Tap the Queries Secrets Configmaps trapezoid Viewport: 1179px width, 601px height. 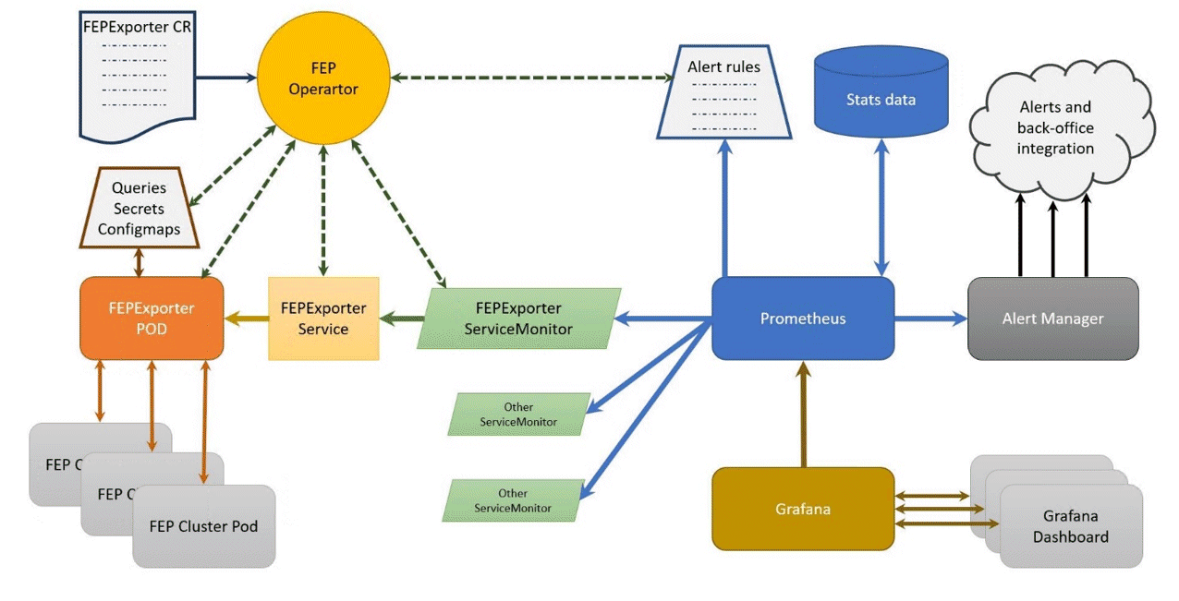[140, 208]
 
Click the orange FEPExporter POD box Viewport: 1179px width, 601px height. [152, 318]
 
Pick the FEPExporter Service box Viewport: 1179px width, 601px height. [323, 318]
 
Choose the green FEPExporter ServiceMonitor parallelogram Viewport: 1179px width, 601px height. [517, 318]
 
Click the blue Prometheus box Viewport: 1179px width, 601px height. [802, 319]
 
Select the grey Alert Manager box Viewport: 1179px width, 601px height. [1052, 319]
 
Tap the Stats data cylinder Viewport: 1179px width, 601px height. [881, 97]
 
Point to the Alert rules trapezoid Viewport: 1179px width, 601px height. [723, 92]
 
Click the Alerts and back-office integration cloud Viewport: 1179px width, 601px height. [1055, 129]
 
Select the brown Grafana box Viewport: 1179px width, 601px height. [802, 509]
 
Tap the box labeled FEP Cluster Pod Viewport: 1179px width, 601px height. [203, 526]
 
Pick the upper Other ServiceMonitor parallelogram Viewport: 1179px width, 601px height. [518, 414]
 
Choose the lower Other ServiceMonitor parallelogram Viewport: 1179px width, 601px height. [514, 500]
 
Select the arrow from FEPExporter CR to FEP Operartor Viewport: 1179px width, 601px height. [225, 78]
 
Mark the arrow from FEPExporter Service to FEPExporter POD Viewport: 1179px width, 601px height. [246, 319]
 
